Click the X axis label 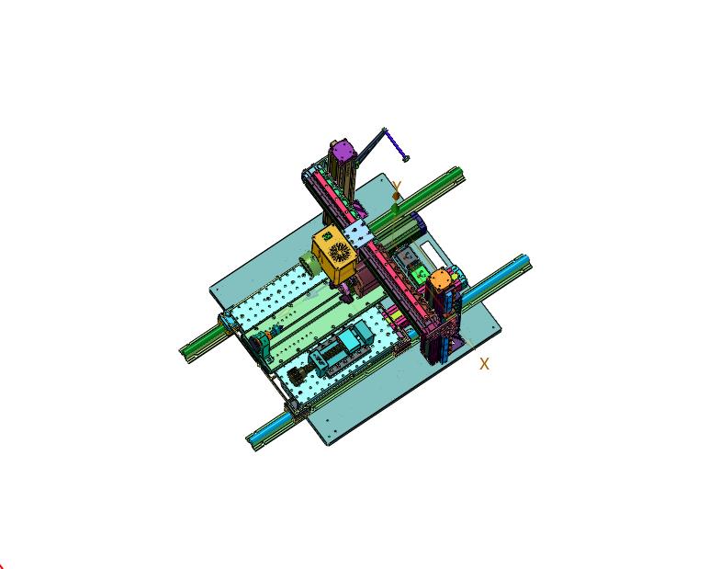484,364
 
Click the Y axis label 397,188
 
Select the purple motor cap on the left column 342,149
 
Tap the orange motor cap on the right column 442,279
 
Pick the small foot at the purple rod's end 405,158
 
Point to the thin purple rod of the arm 394,143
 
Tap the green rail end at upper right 456,174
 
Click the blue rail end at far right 523,263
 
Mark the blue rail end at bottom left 253,439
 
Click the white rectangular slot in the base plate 429,251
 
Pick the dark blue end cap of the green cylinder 417,222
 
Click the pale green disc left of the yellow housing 309,261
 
